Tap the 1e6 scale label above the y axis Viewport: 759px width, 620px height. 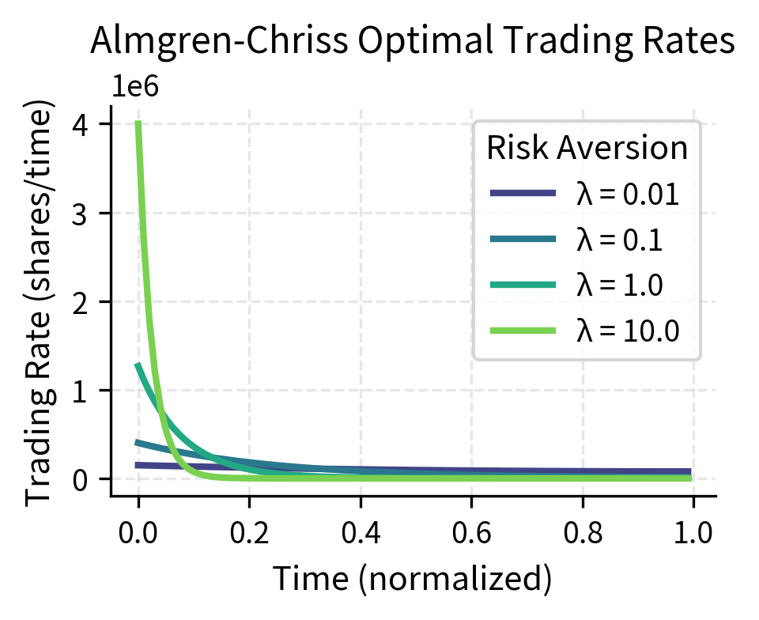[x=134, y=87]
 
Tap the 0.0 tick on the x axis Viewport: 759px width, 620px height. [x=138, y=532]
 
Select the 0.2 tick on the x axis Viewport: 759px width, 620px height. [x=249, y=532]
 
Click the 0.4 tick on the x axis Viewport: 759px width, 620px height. [x=361, y=532]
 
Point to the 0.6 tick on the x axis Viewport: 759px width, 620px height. [x=471, y=532]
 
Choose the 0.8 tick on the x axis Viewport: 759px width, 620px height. [x=583, y=532]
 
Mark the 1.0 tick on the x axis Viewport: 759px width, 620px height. [x=693, y=532]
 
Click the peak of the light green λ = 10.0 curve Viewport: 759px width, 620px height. [x=138, y=123]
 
